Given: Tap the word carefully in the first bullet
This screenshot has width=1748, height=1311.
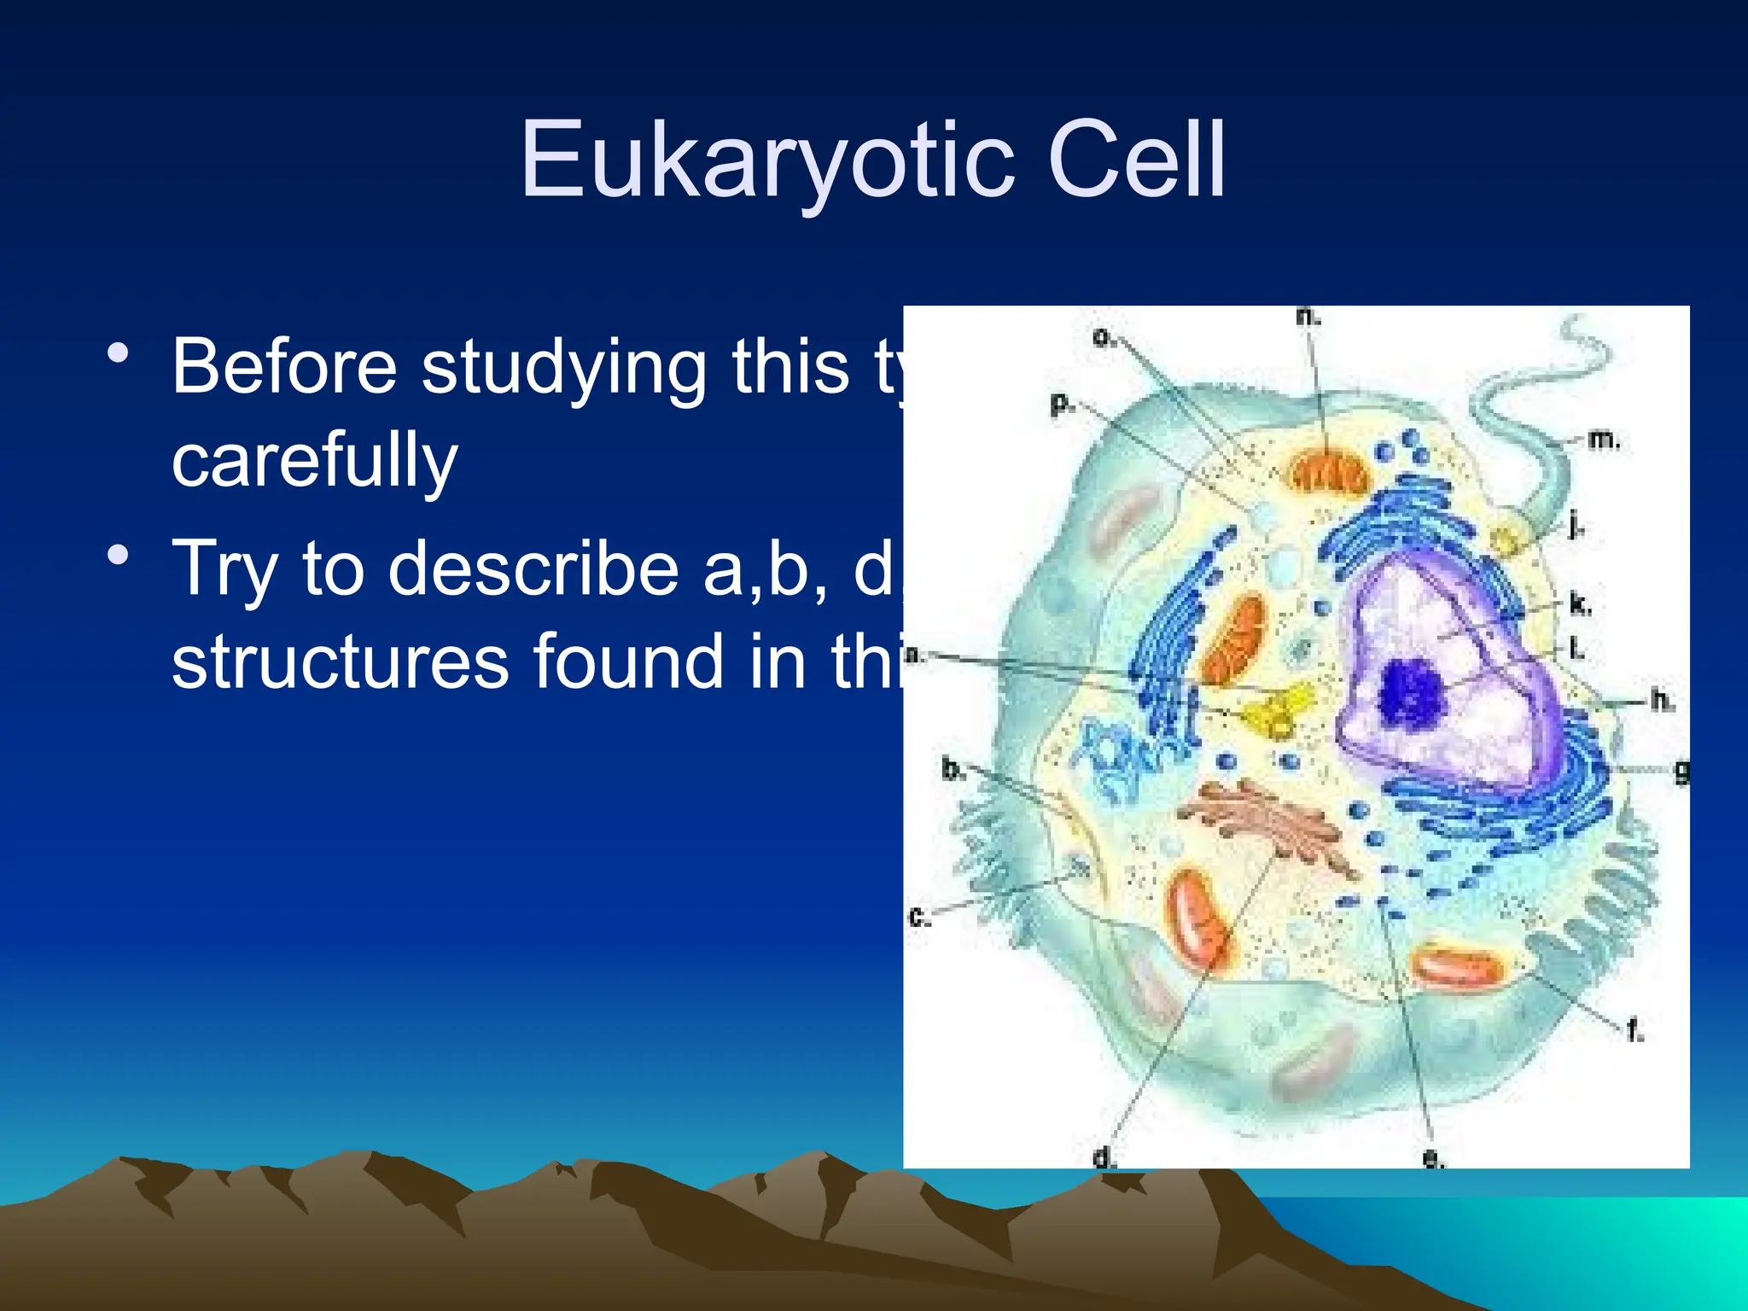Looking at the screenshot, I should pos(314,459).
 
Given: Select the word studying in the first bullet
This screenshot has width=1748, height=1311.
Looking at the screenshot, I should pos(563,367).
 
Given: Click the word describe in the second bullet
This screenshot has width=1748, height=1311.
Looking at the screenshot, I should pos(533,568).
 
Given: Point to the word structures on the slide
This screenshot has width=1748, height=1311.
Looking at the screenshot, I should pos(340,661).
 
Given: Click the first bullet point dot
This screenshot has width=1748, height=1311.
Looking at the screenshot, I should pos(119,353).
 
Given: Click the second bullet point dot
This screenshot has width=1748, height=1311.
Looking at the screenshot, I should pos(119,556).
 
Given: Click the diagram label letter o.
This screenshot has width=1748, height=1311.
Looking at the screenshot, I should pos(1102,338).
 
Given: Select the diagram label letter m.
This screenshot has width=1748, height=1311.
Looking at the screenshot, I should pos(1601,440).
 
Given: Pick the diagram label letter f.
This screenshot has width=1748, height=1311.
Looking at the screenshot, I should pos(1633,1031).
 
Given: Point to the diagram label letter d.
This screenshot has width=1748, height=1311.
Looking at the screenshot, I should pos(1103,1157).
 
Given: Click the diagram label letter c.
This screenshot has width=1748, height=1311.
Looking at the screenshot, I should pos(918,918).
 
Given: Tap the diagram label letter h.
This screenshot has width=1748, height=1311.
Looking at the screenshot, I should pos(1660,700).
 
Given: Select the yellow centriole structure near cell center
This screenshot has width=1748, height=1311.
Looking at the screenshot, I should pos(1277,708).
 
